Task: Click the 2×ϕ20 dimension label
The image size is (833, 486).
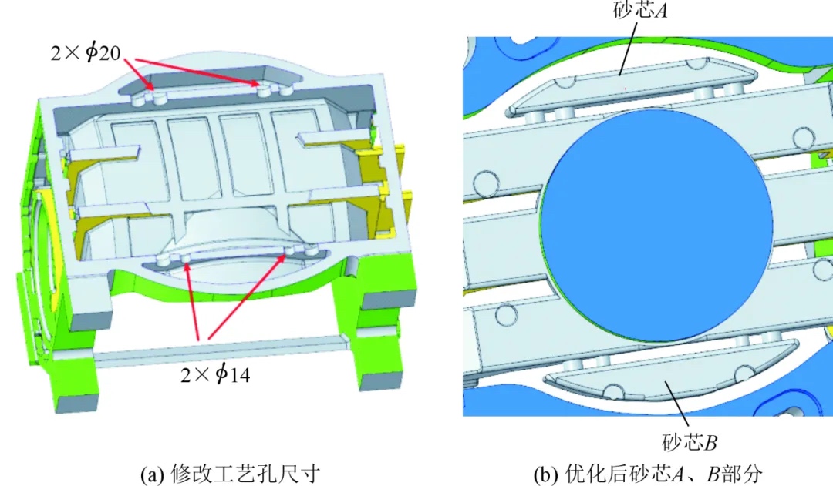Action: click(x=86, y=52)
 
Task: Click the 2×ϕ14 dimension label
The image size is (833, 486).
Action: click(x=215, y=374)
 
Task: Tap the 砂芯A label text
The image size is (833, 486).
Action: click(x=640, y=10)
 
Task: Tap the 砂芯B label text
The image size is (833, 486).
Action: click(x=690, y=441)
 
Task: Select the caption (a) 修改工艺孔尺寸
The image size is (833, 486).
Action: click(x=231, y=474)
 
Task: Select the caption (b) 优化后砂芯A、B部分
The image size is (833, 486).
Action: click(x=648, y=474)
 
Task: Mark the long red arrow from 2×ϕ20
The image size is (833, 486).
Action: click(x=197, y=71)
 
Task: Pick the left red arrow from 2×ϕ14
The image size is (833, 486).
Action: click(x=192, y=300)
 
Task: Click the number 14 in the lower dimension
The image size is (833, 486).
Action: click(x=240, y=375)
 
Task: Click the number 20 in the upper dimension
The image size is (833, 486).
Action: click(x=110, y=52)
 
